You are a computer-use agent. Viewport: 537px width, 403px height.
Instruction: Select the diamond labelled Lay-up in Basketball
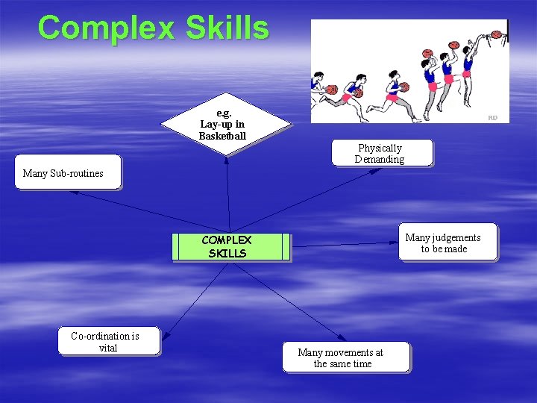point(224,124)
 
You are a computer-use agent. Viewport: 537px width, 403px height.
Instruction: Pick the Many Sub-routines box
point(66,172)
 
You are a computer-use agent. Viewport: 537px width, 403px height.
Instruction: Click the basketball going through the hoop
point(495,34)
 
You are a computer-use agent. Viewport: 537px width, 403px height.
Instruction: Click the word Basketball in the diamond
point(222,136)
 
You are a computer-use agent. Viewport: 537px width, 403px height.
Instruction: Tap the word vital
point(108,348)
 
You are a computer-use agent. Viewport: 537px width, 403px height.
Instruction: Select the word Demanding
point(380,159)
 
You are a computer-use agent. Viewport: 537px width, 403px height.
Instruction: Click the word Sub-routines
point(76,173)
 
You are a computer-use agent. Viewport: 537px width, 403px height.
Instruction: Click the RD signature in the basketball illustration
point(492,117)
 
